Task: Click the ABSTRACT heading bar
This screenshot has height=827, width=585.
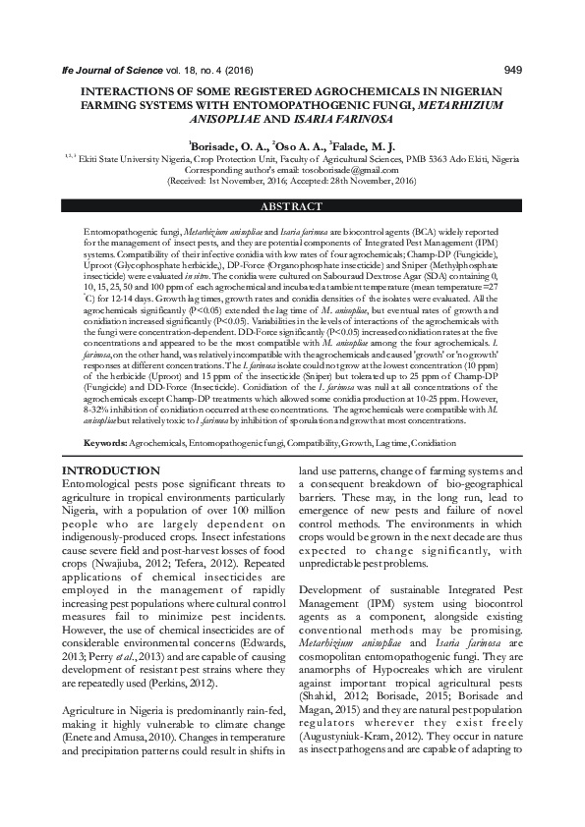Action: click(292, 207)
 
